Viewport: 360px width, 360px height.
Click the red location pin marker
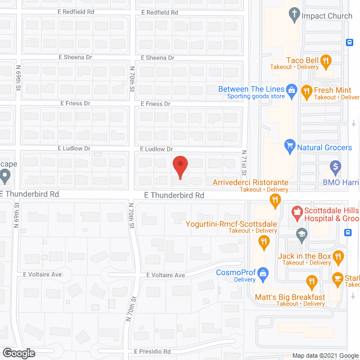coord(179,166)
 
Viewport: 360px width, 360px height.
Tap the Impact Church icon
coord(293,16)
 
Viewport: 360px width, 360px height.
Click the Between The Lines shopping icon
coord(291,89)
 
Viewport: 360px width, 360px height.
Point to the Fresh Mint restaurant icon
coord(307,90)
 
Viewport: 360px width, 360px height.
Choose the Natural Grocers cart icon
coord(290,147)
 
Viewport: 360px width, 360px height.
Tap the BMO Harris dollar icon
coord(336,166)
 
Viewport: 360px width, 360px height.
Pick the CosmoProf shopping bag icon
coord(263,273)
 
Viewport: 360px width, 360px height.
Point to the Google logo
coord(18,353)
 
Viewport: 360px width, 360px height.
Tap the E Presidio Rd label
coord(152,352)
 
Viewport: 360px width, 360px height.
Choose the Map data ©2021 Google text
coord(325,355)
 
